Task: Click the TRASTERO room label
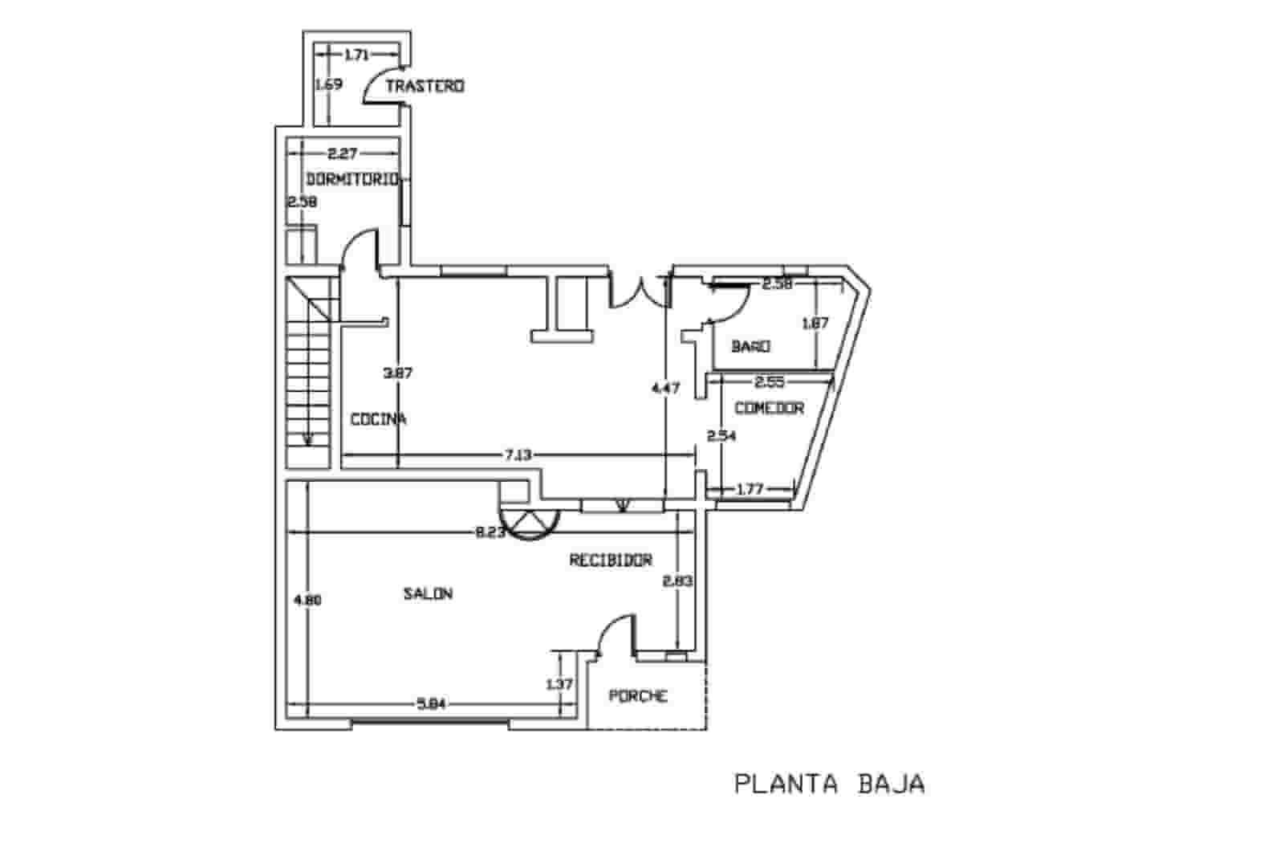pyautogui.click(x=425, y=86)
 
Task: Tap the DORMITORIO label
pyautogui.click(x=352, y=179)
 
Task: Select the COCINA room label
pyautogui.click(x=378, y=419)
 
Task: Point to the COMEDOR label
pyautogui.click(x=770, y=408)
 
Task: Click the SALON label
pyautogui.click(x=428, y=594)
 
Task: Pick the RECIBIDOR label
pyautogui.click(x=611, y=560)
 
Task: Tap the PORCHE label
pyautogui.click(x=638, y=695)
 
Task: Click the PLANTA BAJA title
pyautogui.click(x=830, y=784)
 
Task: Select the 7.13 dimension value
pyautogui.click(x=518, y=455)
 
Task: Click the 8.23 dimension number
pyautogui.click(x=490, y=532)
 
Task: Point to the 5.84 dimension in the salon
pyautogui.click(x=431, y=705)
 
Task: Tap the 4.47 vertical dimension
pyautogui.click(x=666, y=388)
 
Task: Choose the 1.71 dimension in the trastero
pyautogui.click(x=356, y=55)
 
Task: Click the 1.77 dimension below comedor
pyautogui.click(x=749, y=488)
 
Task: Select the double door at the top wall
pyautogui.click(x=640, y=294)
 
